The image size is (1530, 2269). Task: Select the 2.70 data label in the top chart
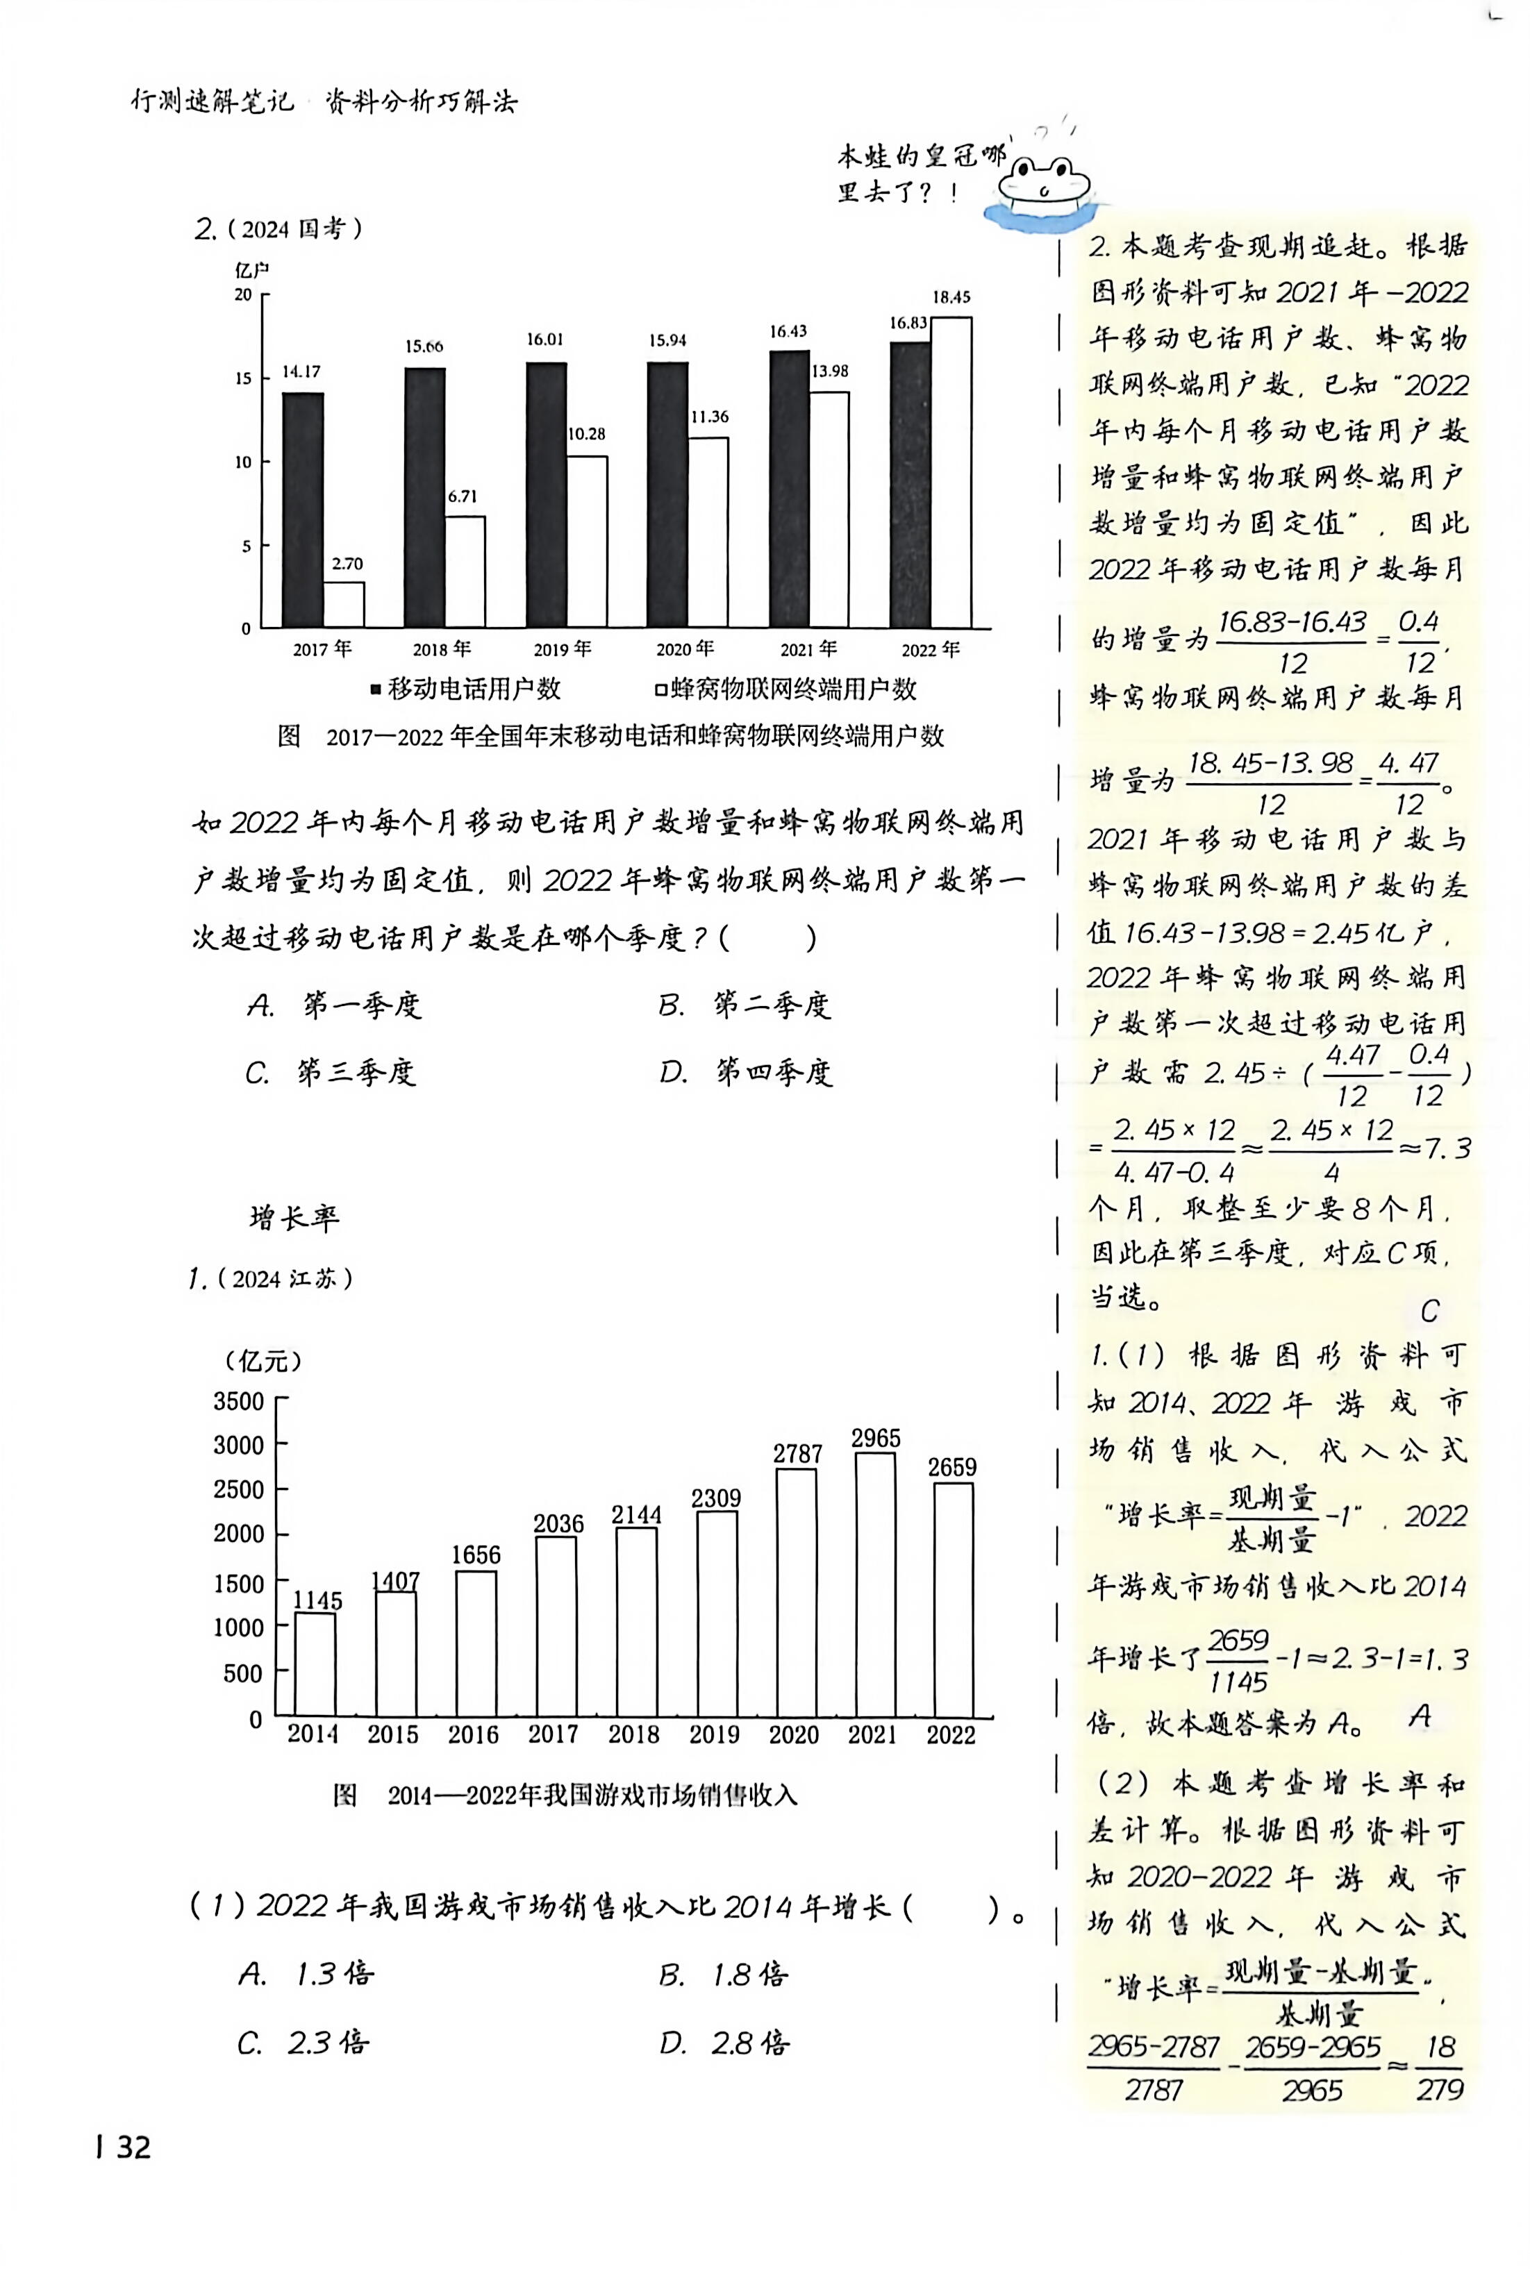click(347, 564)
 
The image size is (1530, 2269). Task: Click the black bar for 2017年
click(303, 510)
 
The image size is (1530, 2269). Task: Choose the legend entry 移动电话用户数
click(467, 689)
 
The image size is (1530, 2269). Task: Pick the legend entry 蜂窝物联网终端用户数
click(785, 689)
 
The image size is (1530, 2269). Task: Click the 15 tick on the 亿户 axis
click(243, 378)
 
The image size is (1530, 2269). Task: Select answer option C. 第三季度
click(332, 1072)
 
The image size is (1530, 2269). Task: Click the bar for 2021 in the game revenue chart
click(874, 1585)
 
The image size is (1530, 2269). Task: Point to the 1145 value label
click(318, 1601)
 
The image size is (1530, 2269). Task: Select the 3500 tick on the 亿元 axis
click(239, 1402)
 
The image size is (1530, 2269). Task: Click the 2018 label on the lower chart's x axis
click(634, 1734)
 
